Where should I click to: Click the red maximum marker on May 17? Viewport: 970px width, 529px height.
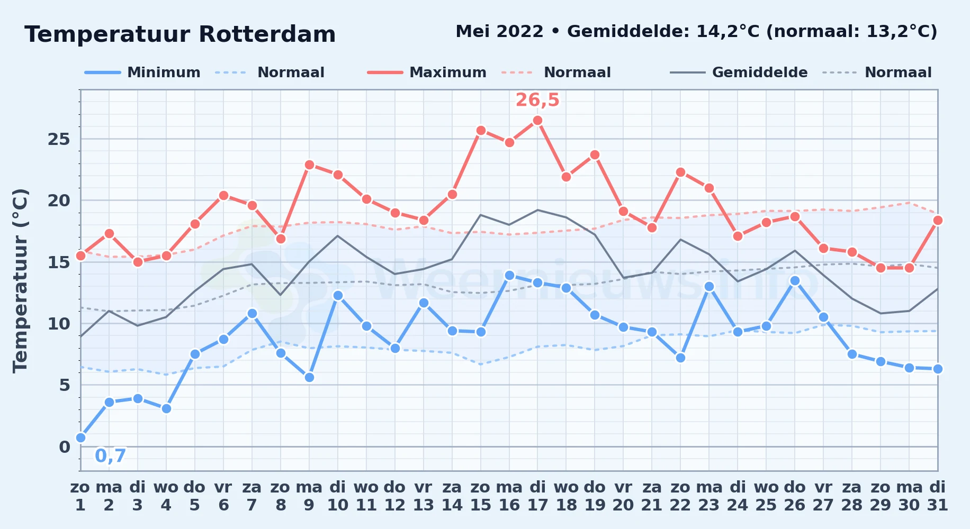[x=537, y=121]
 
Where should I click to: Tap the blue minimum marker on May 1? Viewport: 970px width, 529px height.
[x=80, y=437]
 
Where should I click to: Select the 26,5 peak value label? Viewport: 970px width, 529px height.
[x=537, y=100]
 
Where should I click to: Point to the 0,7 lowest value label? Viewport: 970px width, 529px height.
[x=111, y=455]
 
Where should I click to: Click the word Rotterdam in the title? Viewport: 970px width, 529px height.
[x=267, y=34]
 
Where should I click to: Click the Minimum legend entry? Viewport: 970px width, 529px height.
[x=143, y=72]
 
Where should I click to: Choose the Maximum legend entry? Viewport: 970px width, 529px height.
[x=427, y=72]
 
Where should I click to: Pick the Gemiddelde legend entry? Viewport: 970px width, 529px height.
[x=739, y=72]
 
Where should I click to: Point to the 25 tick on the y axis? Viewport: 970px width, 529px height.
[x=59, y=139]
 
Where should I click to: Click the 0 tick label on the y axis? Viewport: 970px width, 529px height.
[x=65, y=447]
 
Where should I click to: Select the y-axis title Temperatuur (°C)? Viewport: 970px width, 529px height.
[x=20, y=280]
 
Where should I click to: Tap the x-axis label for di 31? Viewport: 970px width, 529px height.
[x=938, y=496]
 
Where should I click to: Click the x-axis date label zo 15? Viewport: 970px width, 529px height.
[x=480, y=496]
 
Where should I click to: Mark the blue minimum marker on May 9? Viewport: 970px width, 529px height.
[x=309, y=377]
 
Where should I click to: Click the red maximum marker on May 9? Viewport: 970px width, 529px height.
[x=309, y=165]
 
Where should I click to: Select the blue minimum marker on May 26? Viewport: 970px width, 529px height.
[x=795, y=281]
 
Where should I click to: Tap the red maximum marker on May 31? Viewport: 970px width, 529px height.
[x=938, y=220]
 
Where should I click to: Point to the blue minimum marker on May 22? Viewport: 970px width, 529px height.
[x=680, y=358]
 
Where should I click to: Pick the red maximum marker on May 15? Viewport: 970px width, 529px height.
[x=481, y=130]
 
